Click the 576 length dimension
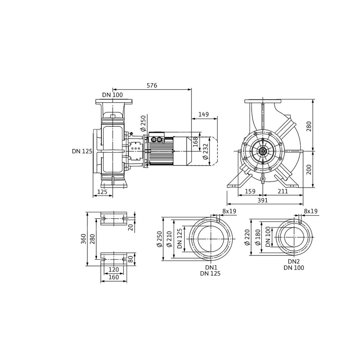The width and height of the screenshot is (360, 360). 152,86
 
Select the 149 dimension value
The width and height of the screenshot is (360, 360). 204,114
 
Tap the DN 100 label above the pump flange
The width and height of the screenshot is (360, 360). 112,95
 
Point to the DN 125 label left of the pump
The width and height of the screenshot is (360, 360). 82,151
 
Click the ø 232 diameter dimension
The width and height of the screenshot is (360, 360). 206,151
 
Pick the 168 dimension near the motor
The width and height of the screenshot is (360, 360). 195,142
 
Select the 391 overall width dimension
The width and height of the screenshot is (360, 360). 262,201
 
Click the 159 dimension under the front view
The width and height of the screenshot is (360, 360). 250,191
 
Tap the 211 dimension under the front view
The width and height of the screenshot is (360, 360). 283,191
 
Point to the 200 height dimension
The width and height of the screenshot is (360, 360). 309,170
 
